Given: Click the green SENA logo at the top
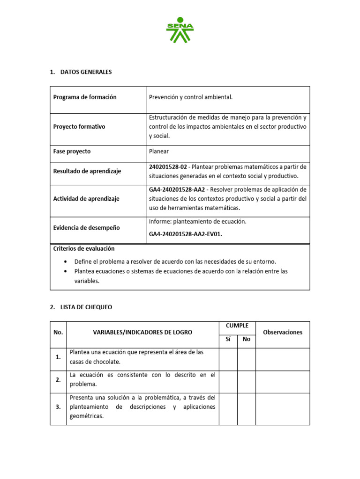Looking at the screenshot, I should click(180, 29).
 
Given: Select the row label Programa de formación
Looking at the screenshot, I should click(85, 97).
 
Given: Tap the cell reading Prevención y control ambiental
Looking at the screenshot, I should click(190, 97).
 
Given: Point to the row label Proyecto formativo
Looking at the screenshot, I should click(79, 127).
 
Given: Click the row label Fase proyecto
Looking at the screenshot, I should click(72, 152).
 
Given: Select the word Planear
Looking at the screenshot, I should click(159, 152).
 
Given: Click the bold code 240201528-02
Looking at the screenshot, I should click(169, 167).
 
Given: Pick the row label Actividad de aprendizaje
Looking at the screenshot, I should click(86, 199).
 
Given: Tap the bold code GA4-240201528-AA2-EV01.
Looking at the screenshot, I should click(185, 235).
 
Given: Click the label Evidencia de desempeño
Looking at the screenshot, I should click(86, 228).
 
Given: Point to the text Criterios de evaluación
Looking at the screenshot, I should click(84, 249).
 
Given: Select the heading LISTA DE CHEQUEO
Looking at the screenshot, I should click(86, 307).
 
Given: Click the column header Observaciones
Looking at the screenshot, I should click(283, 333).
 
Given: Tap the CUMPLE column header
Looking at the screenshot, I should click(237, 326).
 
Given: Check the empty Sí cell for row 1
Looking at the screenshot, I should click(228, 359).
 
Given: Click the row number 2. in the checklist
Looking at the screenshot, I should click(58, 380).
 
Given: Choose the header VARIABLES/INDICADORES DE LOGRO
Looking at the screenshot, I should click(142, 333).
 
